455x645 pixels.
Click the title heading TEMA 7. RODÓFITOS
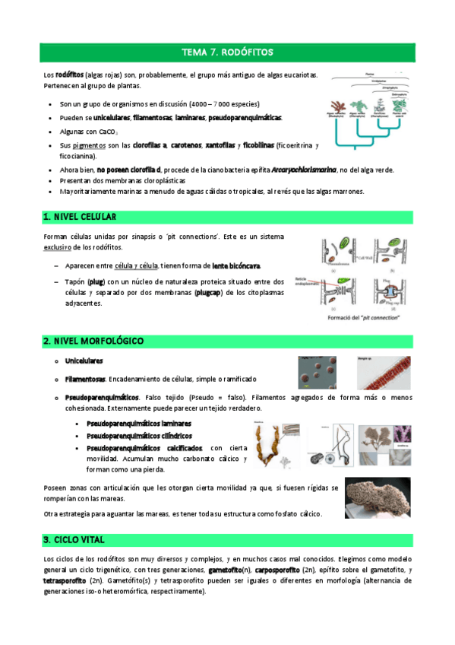pos(227,52)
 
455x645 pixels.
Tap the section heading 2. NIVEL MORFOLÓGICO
pos(93,341)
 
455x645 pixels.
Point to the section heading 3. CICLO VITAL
pos(74,539)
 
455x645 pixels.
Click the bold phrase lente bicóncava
pos(236,265)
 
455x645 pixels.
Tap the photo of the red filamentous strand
pos(384,370)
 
